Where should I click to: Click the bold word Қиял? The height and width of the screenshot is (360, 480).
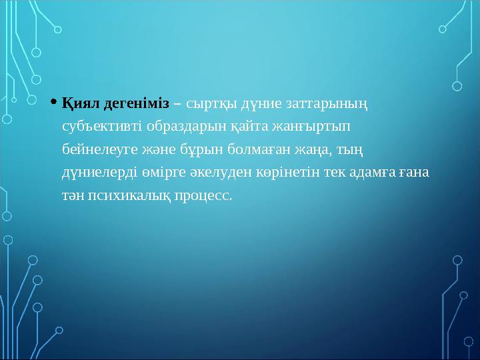pos(81,103)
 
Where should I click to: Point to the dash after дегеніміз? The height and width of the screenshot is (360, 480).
pos(178,103)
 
